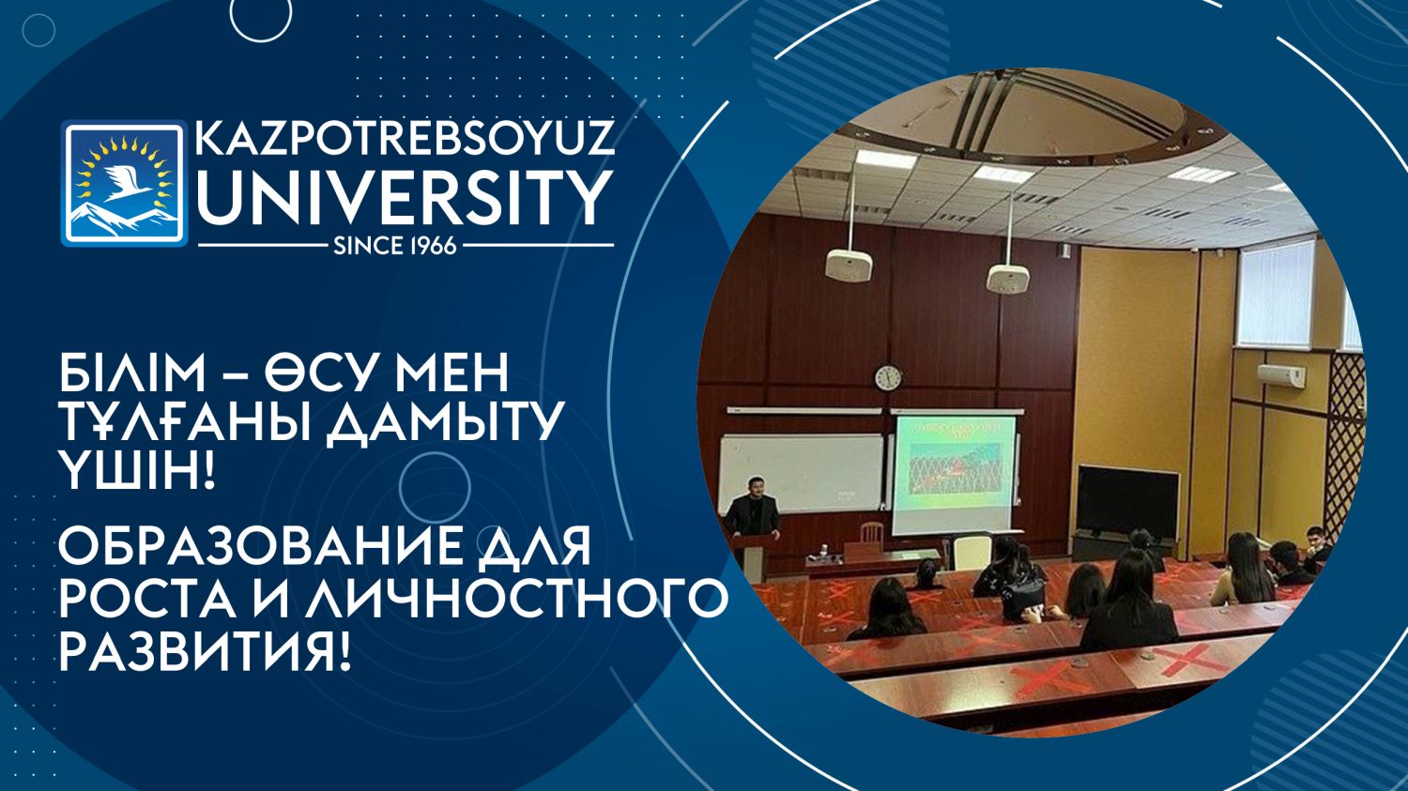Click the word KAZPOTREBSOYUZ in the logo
405,138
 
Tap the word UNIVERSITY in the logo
406,198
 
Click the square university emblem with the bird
125,183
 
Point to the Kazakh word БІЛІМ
132,373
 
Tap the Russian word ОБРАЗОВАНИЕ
262,547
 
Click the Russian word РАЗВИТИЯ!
205,647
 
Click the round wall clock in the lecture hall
888,377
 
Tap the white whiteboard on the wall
802,474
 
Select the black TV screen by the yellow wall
1127,501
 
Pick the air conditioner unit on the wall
1281,375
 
